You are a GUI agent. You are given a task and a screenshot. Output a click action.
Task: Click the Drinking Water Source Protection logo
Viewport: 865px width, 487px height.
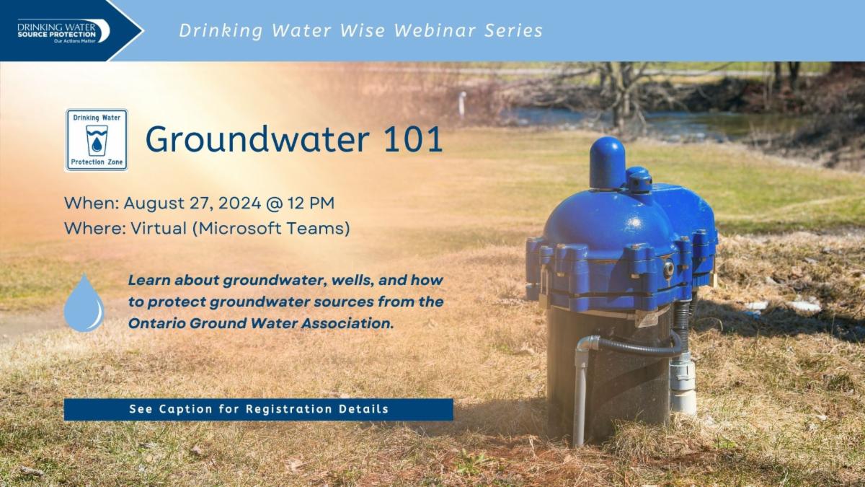[x=63, y=31]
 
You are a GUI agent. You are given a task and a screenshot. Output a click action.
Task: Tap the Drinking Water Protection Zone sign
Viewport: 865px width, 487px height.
[x=97, y=140]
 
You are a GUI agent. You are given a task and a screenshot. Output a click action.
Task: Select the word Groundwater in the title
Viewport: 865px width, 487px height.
[x=257, y=139]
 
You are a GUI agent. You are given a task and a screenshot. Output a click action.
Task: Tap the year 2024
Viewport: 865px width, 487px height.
[x=240, y=203]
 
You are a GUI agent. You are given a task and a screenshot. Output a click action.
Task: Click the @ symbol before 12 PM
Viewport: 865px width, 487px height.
[x=275, y=203]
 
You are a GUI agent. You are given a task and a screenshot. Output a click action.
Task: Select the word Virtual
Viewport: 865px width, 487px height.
[x=159, y=228]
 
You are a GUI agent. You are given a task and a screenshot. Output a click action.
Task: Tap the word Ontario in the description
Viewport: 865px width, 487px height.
[x=156, y=323]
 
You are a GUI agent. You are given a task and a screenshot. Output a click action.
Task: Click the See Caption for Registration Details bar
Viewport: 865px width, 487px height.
[x=258, y=409]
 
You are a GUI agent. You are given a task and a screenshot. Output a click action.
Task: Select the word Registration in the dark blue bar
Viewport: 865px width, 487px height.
[x=289, y=409]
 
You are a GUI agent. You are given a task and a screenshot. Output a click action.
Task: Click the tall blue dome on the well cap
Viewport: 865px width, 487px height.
[x=607, y=163]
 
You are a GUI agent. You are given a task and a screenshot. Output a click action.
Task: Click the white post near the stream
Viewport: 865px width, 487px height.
[x=462, y=104]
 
